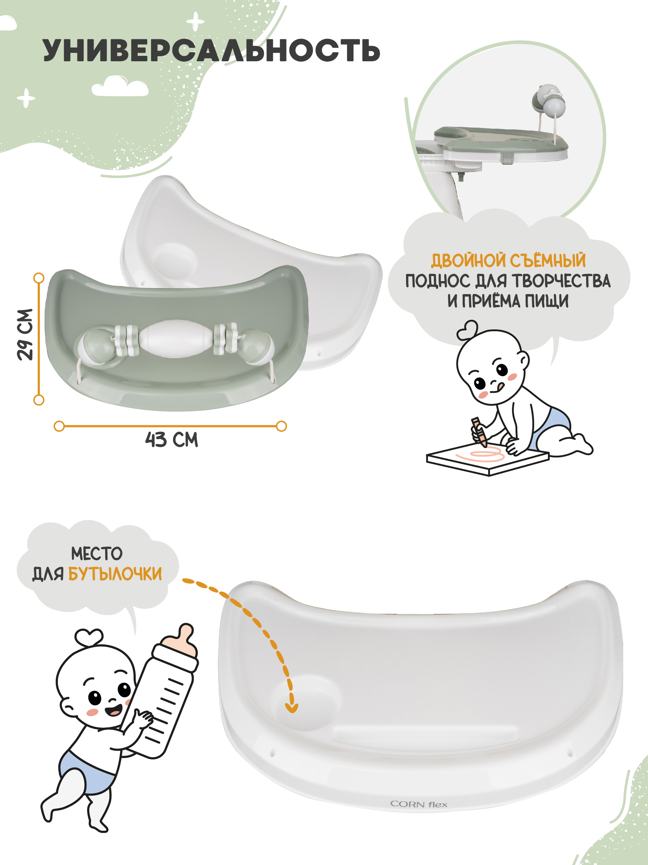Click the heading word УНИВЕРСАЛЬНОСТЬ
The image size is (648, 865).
[211, 50]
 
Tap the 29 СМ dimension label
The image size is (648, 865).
[25, 335]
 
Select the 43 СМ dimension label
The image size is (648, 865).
[171, 440]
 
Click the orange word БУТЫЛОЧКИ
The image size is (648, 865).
[115, 574]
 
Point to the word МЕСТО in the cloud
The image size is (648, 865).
[97, 554]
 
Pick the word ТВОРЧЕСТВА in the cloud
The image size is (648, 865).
[561, 281]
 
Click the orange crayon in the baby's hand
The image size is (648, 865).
[479, 432]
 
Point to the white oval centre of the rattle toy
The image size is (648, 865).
[175, 339]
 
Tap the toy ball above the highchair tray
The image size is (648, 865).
[555, 106]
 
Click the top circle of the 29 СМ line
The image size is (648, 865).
[39, 278]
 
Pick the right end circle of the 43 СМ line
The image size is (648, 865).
[281, 426]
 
